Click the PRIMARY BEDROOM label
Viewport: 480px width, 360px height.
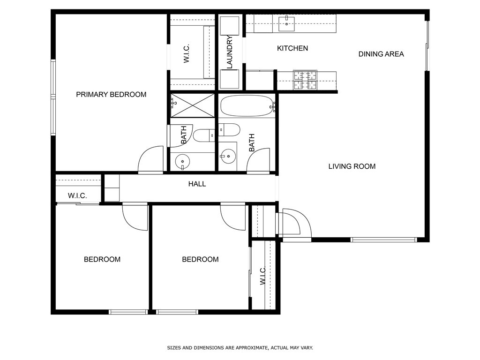click(111, 95)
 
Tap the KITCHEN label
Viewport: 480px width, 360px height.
click(292, 48)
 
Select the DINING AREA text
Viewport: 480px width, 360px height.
click(381, 54)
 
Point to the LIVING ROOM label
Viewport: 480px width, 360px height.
click(352, 166)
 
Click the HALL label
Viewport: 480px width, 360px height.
click(197, 184)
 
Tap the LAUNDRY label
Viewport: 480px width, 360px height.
click(230, 52)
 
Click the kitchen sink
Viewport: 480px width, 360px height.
click(286, 24)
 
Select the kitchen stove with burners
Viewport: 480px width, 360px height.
click(305, 80)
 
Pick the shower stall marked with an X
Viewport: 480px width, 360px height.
click(193, 105)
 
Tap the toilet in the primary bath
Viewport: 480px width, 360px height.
click(204, 135)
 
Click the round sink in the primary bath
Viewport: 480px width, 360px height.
click(183, 161)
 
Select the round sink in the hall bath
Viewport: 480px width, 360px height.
click(228, 157)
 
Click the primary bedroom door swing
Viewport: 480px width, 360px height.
click(151, 160)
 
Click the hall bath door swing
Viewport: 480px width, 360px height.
click(258, 161)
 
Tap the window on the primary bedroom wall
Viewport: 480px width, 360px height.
click(53, 97)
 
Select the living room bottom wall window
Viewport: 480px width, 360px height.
click(383, 240)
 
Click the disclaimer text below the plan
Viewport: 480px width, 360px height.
click(240, 348)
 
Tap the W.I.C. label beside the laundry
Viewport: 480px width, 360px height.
click(187, 53)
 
